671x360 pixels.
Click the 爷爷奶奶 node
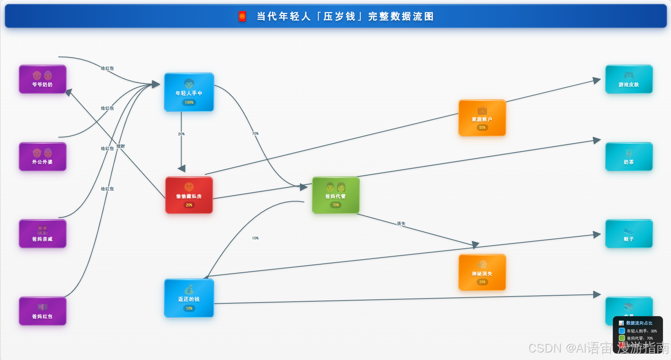point(43,79)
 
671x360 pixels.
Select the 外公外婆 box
point(43,157)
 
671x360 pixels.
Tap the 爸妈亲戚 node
point(43,234)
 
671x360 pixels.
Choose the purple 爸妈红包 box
point(43,311)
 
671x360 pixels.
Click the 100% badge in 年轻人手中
point(189,103)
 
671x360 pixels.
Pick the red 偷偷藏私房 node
point(189,195)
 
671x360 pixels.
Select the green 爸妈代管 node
point(335,195)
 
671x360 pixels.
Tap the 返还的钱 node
point(189,298)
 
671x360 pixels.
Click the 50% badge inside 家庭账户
point(482,128)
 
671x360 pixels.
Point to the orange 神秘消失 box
point(482,273)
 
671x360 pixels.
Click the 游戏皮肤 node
point(629,79)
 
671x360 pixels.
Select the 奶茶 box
point(629,157)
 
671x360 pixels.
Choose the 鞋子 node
point(629,234)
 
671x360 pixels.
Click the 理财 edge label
point(120,146)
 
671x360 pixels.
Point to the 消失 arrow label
point(401,224)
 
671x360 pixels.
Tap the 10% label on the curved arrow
point(255,238)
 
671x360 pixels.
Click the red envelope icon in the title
point(242,16)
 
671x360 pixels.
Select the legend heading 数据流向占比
point(639,323)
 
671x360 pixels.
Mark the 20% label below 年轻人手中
point(182,134)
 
